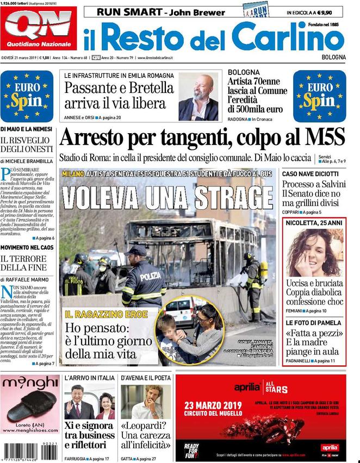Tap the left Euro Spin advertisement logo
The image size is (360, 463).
click(x=27, y=96)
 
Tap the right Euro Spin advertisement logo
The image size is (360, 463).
click(x=319, y=96)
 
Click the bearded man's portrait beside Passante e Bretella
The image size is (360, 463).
click(x=198, y=97)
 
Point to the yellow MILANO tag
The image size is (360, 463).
click(x=73, y=173)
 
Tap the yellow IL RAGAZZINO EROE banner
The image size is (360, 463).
click(x=99, y=314)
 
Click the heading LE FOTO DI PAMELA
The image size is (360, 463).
click(x=313, y=322)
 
